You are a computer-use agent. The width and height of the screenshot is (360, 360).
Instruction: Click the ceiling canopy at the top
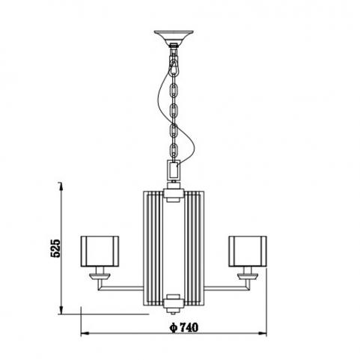pos(174,37)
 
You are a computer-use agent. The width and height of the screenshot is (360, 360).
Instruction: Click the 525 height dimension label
pos(55,248)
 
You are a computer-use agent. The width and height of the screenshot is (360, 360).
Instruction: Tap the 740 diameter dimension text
pos(189,327)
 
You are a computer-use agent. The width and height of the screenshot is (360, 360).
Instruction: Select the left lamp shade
pos(100,251)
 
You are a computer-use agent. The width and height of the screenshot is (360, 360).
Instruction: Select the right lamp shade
pos(248,251)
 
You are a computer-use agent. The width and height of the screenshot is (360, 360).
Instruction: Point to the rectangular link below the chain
pos(174,169)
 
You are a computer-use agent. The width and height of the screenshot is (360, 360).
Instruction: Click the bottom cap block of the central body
pos(174,304)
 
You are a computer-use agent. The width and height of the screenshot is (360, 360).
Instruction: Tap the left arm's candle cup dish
pos(100,276)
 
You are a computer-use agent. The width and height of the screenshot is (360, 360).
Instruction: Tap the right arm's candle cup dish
pos(248,276)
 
